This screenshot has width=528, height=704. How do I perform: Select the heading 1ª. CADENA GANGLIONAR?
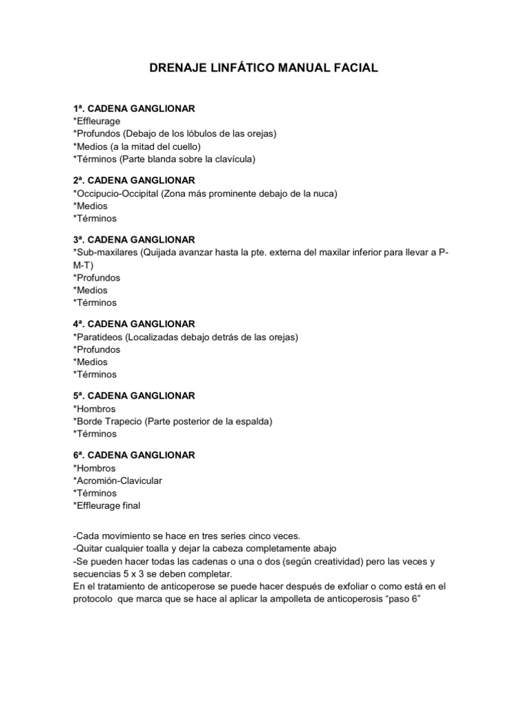click(x=134, y=109)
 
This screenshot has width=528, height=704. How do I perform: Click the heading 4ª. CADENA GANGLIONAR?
click(x=134, y=324)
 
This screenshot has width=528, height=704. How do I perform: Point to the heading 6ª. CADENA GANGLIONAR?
click(x=134, y=455)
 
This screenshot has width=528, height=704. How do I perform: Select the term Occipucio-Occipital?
click(x=117, y=194)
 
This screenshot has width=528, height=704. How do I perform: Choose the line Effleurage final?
click(x=108, y=506)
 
